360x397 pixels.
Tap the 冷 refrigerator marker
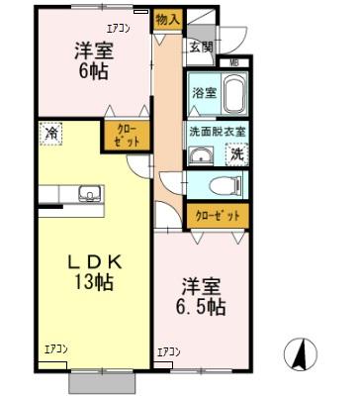pos(48,130)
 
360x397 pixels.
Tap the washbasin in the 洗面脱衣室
pos(201,154)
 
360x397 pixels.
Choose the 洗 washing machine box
pos(238,154)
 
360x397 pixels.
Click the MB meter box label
pos(233,63)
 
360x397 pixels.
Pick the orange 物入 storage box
pos(167,19)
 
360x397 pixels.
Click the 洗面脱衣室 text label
pos(218,131)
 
